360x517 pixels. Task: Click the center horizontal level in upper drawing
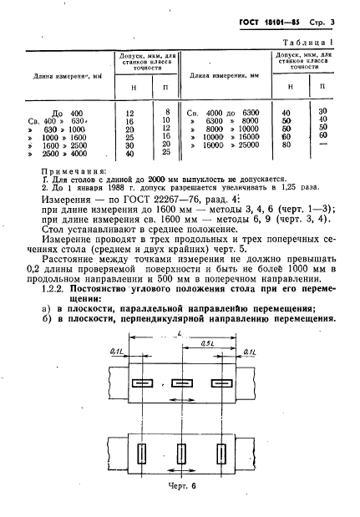(x=181, y=383)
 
